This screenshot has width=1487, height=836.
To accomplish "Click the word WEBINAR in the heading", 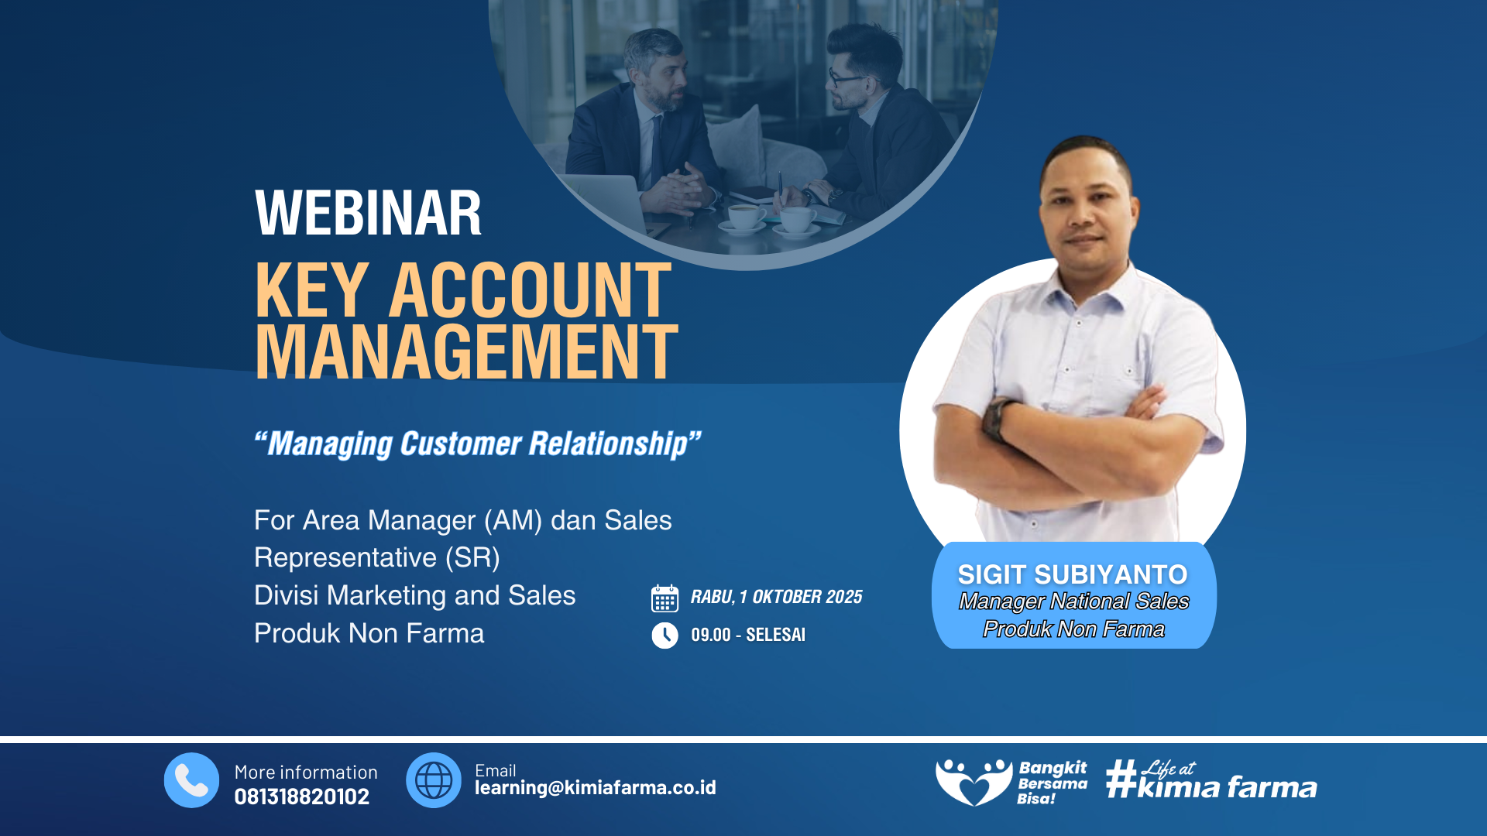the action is tap(368, 213).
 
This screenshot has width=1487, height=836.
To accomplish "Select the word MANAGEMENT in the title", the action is tap(466, 352).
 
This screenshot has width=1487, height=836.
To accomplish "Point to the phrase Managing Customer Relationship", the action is tap(477, 444).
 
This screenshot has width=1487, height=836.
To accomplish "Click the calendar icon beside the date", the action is tap(665, 598).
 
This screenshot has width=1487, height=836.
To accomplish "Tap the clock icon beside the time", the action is tap(665, 636).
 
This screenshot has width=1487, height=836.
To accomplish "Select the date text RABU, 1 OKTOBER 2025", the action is tap(776, 597).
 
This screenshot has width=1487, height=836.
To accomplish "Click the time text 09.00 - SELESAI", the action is tap(748, 635).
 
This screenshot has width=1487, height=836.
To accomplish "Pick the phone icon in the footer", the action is tap(191, 780).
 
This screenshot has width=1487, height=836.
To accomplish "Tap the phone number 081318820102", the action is tap(302, 797).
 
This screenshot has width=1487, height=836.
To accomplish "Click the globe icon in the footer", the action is tap(434, 780).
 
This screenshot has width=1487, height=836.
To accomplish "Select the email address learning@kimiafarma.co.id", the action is tap(596, 788).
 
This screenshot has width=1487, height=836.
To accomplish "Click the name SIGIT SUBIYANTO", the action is tap(1073, 574).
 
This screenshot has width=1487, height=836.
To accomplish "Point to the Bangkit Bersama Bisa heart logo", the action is tap(974, 782).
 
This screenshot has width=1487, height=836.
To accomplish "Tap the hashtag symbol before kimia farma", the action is tap(1121, 778).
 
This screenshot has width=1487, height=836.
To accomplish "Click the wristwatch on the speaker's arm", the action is tap(996, 419).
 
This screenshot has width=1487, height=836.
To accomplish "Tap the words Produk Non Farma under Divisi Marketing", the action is tap(369, 633).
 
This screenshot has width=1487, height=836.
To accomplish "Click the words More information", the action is tap(306, 772).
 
